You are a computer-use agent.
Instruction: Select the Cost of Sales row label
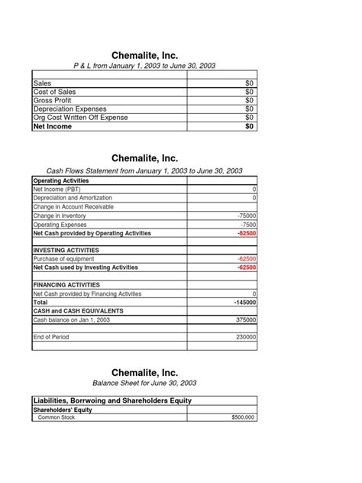click(54, 91)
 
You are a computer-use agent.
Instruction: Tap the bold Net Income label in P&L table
click(52, 127)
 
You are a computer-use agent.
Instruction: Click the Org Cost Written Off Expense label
click(80, 118)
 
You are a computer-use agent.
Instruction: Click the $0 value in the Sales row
click(249, 82)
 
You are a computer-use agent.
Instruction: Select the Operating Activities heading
click(61, 180)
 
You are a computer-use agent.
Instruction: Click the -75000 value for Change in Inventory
click(247, 216)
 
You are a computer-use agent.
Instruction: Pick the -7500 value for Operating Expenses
click(248, 225)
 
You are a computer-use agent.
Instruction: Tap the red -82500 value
click(247, 233)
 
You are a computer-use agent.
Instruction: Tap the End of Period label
click(50, 336)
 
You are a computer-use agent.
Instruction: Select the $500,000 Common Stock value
click(244, 418)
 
